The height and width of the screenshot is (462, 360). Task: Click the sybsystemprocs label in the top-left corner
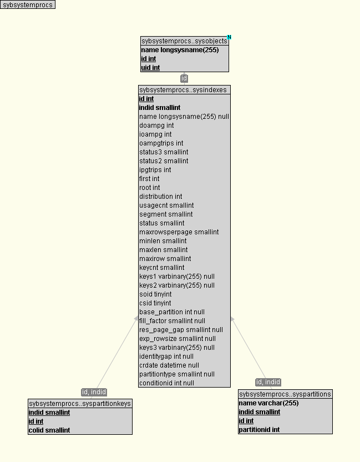[28, 5]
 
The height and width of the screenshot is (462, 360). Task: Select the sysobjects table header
[184, 41]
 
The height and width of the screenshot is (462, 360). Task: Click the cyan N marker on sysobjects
[229, 37]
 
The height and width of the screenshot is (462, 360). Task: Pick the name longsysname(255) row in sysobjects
[180, 50]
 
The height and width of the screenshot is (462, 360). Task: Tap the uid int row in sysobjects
[150, 68]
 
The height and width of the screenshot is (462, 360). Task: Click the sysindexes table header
[183, 89]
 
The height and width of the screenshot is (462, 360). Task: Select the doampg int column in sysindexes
[156, 125]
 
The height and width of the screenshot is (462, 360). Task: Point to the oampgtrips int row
[161, 143]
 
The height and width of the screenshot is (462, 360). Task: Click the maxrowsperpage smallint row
[179, 232]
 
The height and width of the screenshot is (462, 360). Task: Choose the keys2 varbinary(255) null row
[176, 285]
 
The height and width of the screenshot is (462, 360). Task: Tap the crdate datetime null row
[169, 365]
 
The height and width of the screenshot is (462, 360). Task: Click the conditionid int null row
[166, 383]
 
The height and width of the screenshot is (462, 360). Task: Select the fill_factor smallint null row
[172, 321]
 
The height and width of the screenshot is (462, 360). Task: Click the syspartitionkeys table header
[80, 404]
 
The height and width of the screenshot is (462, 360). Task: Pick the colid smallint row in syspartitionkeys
[49, 430]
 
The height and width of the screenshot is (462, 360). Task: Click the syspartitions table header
[285, 394]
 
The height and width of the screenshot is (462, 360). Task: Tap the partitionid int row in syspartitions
[259, 430]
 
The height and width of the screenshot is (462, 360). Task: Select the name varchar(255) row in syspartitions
[268, 403]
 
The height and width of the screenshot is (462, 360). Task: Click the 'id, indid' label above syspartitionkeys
[94, 392]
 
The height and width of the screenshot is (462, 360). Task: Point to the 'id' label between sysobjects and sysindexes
[184, 79]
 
